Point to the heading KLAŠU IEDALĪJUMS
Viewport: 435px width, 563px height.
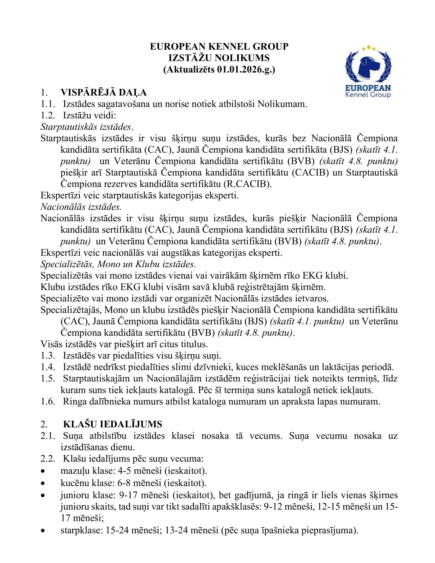(112, 424)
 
